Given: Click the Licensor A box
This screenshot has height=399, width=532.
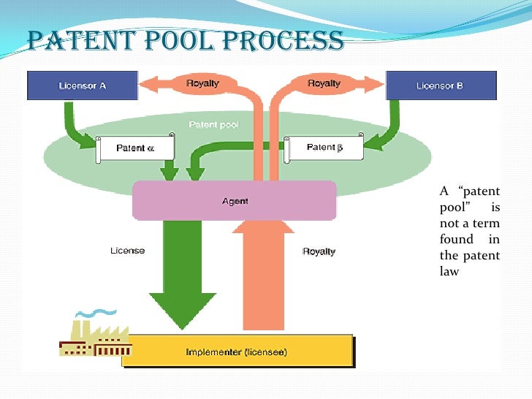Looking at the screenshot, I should click(82, 85).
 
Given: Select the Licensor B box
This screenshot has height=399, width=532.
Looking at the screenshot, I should click(441, 85).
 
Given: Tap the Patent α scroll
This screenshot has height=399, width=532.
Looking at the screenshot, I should click(135, 148).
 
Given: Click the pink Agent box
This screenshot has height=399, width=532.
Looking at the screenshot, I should click(234, 201).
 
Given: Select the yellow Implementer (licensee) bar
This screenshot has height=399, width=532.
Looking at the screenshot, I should click(237, 351).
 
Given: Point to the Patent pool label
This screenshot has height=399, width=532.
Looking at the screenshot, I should click(213, 125).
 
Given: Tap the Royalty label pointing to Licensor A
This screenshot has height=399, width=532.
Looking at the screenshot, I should click(202, 83).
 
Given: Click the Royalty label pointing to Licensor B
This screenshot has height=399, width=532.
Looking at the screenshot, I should click(323, 83).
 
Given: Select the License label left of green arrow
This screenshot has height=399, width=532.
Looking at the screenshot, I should click(127, 251).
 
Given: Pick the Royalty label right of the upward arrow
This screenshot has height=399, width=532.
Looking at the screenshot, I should click(319, 251).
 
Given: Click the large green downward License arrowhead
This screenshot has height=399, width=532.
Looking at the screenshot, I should click(183, 307).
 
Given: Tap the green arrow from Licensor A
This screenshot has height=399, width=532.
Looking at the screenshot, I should click(77, 124).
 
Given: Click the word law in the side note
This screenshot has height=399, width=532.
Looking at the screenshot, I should click(449, 271).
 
